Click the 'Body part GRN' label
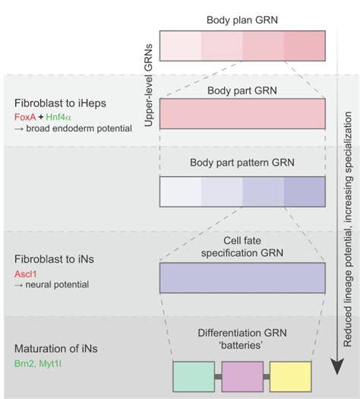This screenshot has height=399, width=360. point(243,90)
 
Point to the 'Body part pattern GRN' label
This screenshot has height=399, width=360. point(243,163)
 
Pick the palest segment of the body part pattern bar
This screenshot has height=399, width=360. point(182,192)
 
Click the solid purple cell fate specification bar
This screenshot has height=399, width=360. point(243,277)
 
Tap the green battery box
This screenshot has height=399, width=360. point(194,375)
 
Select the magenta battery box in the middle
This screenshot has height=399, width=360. point(244,375)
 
